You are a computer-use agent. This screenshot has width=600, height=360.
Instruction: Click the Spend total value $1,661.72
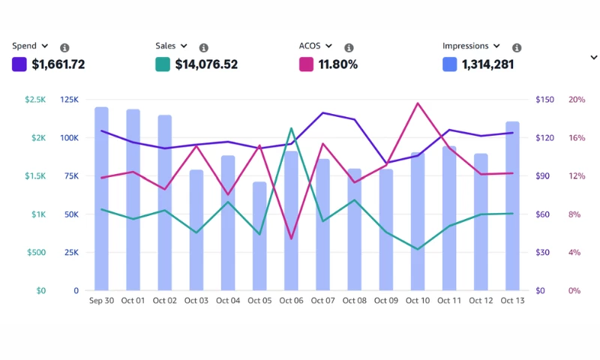(x=58, y=64)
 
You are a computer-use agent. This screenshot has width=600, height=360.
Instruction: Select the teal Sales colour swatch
(x=163, y=64)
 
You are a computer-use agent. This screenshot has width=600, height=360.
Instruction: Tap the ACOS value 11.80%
(x=338, y=64)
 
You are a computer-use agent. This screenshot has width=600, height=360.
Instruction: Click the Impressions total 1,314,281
(x=487, y=64)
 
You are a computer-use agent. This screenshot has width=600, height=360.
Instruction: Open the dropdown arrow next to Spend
(x=46, y=46)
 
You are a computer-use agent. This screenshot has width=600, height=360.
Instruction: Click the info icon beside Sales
(x=204, y=47)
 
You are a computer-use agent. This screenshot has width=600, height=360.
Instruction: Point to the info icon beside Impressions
(x=517, y=47)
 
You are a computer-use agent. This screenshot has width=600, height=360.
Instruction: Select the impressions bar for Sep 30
(x=101, y=199)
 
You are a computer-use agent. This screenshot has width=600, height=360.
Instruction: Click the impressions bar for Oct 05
(x=259, y=235)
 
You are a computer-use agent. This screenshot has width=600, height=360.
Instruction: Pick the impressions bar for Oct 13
(x=512, y=205)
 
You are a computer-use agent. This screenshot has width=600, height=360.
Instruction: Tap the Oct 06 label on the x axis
(x=291, y=301)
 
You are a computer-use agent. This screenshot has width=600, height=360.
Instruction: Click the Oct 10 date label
(x=418, y=301)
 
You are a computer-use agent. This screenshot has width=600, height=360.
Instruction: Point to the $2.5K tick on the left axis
(x=34, y=100)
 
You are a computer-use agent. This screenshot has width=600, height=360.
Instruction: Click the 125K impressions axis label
(x=69, y=100)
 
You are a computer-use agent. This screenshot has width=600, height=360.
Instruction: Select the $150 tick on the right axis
(x=544, y=100)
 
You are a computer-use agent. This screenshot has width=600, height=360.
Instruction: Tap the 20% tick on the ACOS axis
(x=576, y=100)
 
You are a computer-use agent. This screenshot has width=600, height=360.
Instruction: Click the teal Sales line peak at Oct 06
(x=292, y=128)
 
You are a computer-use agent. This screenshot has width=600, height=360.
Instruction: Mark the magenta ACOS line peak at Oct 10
(x=418, y=103)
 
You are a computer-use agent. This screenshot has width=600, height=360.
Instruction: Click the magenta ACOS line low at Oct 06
(x=291, y=238)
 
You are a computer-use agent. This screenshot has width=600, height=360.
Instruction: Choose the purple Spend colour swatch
(x=19, y=64)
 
